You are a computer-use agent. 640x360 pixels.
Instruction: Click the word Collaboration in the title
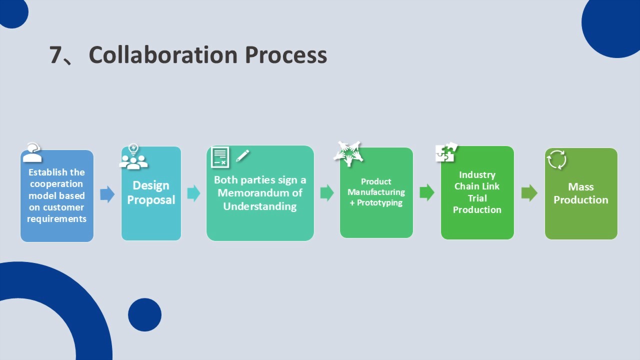(163, 54)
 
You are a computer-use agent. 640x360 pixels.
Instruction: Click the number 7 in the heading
(55, 54)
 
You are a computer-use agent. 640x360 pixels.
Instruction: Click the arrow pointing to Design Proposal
(107, 194)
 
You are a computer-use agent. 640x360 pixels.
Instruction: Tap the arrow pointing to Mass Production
(529, 193)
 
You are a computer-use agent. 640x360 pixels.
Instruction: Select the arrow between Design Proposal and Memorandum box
(193, 193)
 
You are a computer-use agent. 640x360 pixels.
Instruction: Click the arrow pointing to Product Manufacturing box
(326, 193)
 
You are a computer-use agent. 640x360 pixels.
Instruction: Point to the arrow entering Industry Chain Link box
(426, 192)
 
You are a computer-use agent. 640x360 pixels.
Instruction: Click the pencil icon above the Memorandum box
(242, 155)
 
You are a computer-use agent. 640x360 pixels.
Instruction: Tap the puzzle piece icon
(446, 152)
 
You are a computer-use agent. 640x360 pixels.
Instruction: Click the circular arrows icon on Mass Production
(556, 159)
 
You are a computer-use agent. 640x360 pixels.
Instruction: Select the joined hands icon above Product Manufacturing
(348, 153)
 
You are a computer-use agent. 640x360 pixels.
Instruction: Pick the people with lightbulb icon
(133, 157)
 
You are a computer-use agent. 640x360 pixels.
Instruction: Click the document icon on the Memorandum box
(220, 157)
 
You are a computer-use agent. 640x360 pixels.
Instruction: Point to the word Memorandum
(259, 193)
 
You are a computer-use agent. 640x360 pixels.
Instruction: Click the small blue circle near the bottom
(144, 314)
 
